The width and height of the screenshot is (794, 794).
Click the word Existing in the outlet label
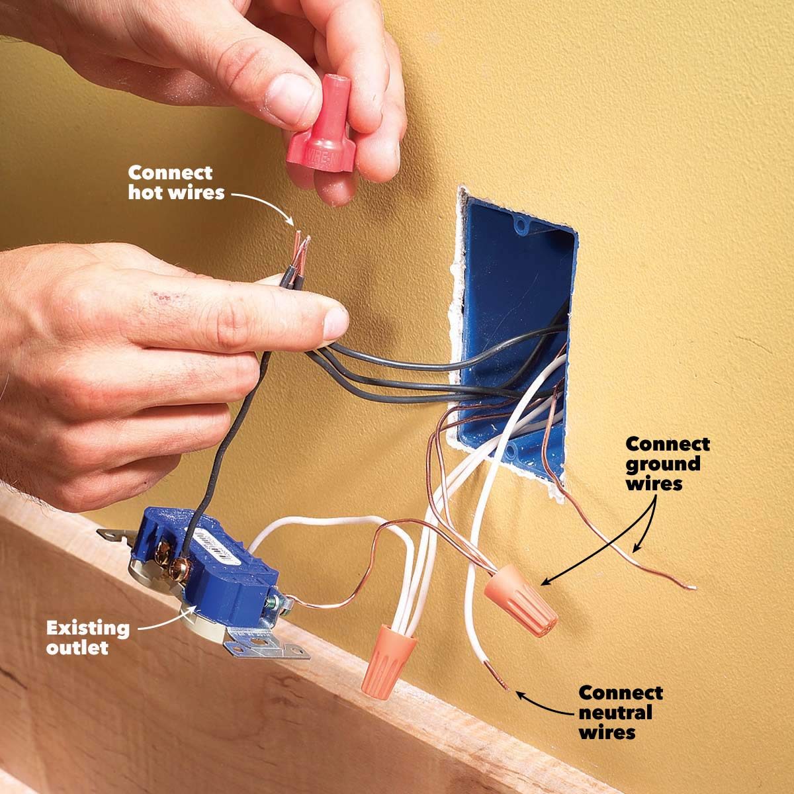(x=87, y=627)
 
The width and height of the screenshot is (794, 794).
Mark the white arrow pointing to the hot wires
(x=261, y=202)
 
